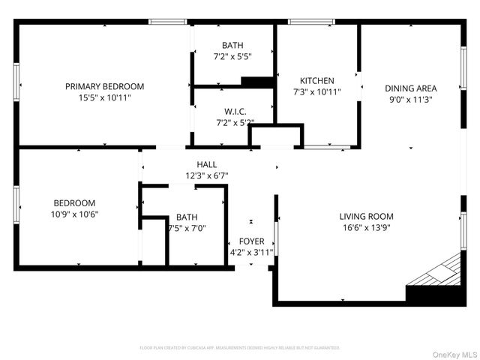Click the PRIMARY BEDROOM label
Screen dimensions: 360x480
[104, 86]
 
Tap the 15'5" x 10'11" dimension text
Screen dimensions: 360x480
[104, 97]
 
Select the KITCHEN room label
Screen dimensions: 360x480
[316, 81]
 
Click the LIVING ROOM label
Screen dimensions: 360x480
[366, 217]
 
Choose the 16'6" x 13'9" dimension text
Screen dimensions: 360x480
[366, 228]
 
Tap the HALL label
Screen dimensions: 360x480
[207, 164]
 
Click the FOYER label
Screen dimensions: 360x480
[251, 241]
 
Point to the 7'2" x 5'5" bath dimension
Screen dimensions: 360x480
[233, 56]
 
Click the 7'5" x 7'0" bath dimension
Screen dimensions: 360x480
[187, 228]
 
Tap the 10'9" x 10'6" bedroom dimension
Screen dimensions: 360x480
[74, 214]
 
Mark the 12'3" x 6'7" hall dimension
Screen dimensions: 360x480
[207, 175]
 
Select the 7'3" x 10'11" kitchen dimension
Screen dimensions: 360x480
[316, 92]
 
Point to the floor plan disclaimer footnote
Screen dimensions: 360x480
[240, 348]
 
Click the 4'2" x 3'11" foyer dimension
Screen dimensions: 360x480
[251, 252]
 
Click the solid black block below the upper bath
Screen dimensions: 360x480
[257, 82]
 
